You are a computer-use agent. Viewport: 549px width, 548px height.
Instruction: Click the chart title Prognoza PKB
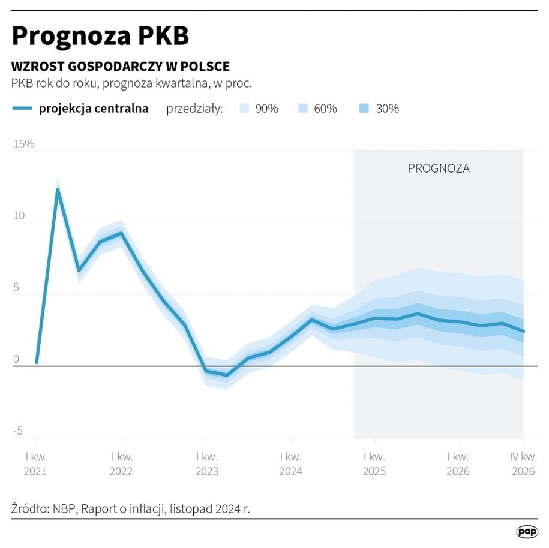[x=100, y=37]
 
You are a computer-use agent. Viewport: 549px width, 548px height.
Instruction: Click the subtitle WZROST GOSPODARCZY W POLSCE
[x=121, y=67]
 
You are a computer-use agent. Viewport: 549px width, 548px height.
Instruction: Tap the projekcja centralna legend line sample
[x=22, y=109]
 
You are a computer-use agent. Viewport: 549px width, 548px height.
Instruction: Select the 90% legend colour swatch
[x=244, y=109]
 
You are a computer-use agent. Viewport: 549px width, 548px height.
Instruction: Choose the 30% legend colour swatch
[x=364, y=109]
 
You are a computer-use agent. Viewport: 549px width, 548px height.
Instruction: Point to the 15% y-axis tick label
[x=23, y=144]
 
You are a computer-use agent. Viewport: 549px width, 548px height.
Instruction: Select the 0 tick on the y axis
[x=16, y=360]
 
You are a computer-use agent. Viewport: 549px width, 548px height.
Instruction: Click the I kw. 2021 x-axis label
[x=36, y=463]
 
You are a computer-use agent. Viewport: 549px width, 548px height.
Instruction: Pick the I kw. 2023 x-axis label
[x=206, y=463]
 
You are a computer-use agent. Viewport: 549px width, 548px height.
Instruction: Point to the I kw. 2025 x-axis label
[x=375, y=463]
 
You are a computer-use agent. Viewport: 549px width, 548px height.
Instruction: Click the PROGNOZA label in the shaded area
[x=439, y=168]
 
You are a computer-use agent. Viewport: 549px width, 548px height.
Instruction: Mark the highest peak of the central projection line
[x=58, y=190]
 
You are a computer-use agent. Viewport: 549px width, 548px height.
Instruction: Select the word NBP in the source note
[x=63, y=509]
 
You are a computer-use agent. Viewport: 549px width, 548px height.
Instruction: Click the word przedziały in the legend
[x=194, y=109]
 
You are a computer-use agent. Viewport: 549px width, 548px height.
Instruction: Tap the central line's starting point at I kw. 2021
[x=37, y=362]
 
